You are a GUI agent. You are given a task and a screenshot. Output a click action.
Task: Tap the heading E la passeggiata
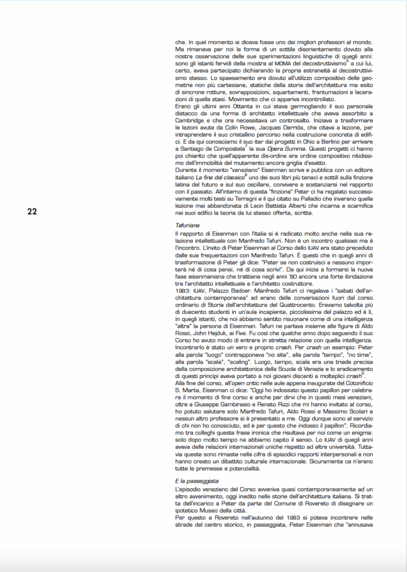click(x=197, y=480)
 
